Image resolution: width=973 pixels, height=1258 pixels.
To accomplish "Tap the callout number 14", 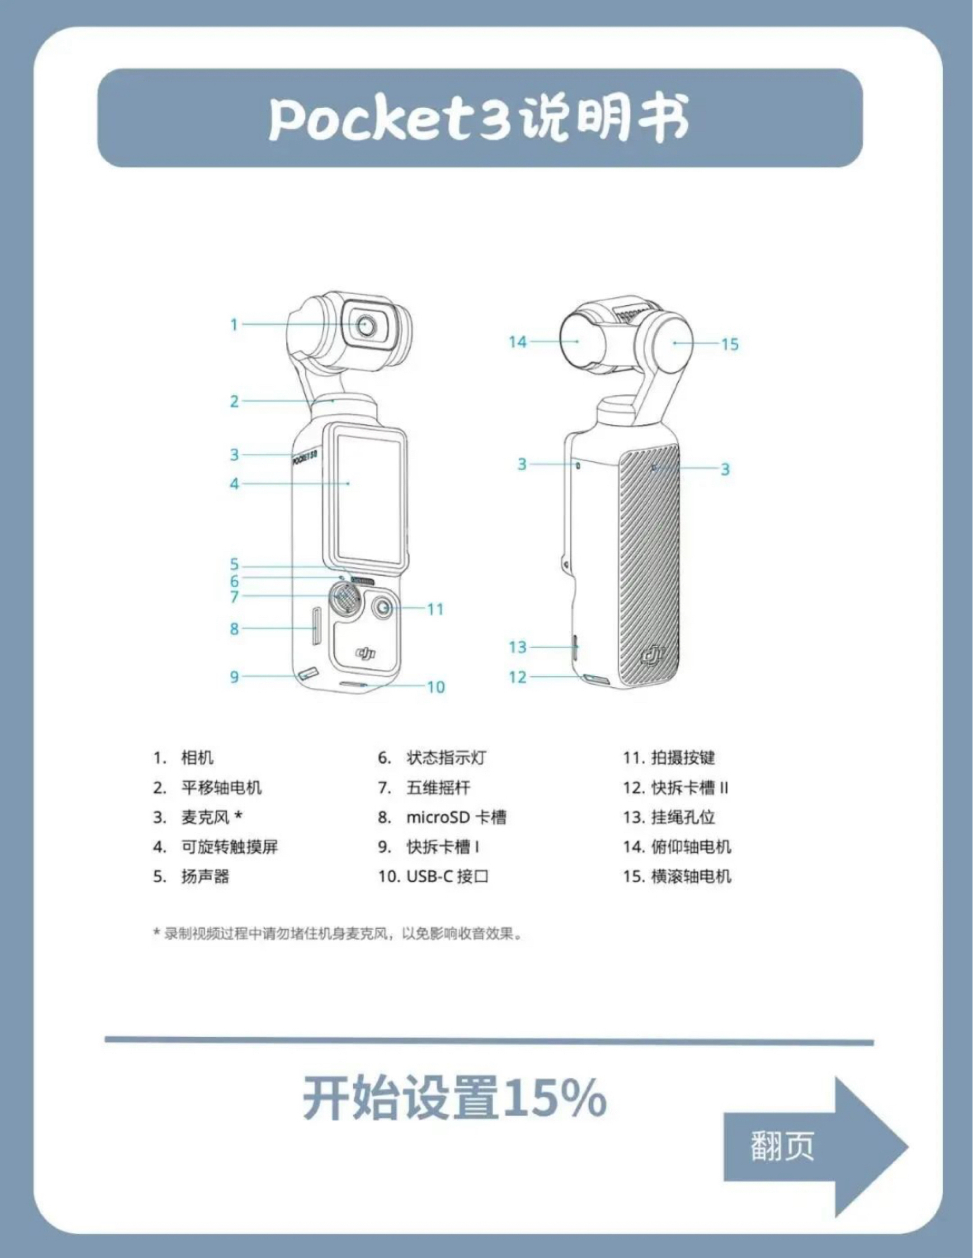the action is tap(517, 342).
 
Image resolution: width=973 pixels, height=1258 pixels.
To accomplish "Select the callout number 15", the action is tap(729, 344).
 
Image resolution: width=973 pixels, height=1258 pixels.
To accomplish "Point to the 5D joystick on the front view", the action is tap(345, 599).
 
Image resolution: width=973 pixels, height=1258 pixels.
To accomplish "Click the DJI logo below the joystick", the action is tap(365, 653).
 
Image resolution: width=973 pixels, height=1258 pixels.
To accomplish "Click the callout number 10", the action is tap(436, 687).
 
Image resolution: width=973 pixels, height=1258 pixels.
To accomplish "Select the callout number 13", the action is tap(517, 647).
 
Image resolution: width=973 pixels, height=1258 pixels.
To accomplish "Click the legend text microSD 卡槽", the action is tap(456, 818).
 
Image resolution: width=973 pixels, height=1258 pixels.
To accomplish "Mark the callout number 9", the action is tap(234, 676).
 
